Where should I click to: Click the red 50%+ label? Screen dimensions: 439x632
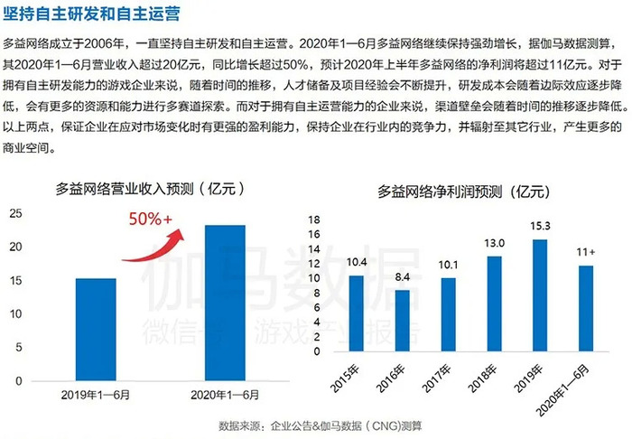tap(149, 218)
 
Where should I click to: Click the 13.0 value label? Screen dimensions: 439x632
tap(495, 244)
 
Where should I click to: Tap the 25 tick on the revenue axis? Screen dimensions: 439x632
tap(16, 212)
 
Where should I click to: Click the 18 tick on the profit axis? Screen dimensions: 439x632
tap(315, 219)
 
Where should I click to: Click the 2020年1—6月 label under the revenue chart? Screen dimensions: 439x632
tap(225, 396)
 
